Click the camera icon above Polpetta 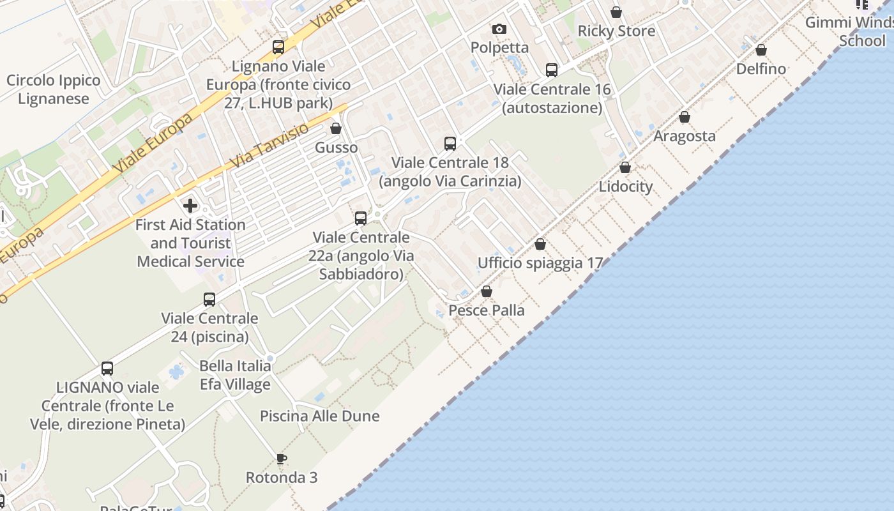(x=499, y=29)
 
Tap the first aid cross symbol (x=190, y=206)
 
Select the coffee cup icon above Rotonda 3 (x=281, y=459)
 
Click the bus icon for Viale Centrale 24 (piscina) (x=209, y=299)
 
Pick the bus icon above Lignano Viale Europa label (x=278, y=47)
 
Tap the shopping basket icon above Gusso (x=336, y=129)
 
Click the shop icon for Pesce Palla (x=487, y=291)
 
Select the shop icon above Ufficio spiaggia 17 (x=540, y=244)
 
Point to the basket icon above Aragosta (x=685, y=117)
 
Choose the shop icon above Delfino (x=761, y=50)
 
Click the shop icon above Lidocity (x=625, y=167)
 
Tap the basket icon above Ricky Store (x=616, y=12)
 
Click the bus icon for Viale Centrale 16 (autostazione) (x=552, y=70)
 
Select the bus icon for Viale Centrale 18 (x=450, y=144)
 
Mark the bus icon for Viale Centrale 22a (x=361, y=218)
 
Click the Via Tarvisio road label (x=268, y=146)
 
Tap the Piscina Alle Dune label (x=319, y=416)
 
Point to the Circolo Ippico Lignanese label (x=54, y=89)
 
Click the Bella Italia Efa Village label (x=235, y=375)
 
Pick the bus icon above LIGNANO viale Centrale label (x=107, y=369)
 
